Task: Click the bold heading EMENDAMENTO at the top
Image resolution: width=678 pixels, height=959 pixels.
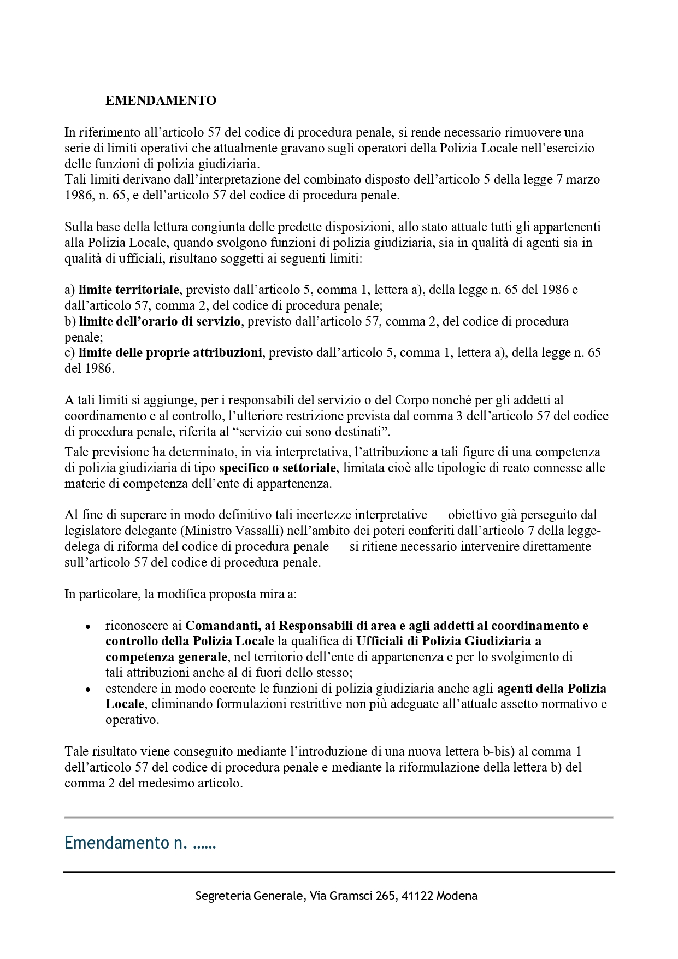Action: (161, 101)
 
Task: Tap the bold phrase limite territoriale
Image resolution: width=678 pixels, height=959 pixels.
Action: (128, 290)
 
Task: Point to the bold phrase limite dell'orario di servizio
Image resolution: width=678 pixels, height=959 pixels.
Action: (160, 321)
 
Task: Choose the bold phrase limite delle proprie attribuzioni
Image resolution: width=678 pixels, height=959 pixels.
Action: (170, 353)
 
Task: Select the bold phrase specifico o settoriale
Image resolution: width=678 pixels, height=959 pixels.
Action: (278, 468)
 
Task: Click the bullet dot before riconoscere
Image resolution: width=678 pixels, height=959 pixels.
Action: (87, 627)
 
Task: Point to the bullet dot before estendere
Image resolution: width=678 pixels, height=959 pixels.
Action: (87, 690)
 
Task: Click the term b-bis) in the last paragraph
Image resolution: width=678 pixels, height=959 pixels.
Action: (494, 751)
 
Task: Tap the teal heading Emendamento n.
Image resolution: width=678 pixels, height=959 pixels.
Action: (140, 843)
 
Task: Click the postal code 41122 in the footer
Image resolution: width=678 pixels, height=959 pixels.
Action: (417, 896)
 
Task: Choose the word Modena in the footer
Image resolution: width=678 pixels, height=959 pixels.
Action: (457, 896)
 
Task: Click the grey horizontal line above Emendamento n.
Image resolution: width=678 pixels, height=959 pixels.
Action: (339, 817)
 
